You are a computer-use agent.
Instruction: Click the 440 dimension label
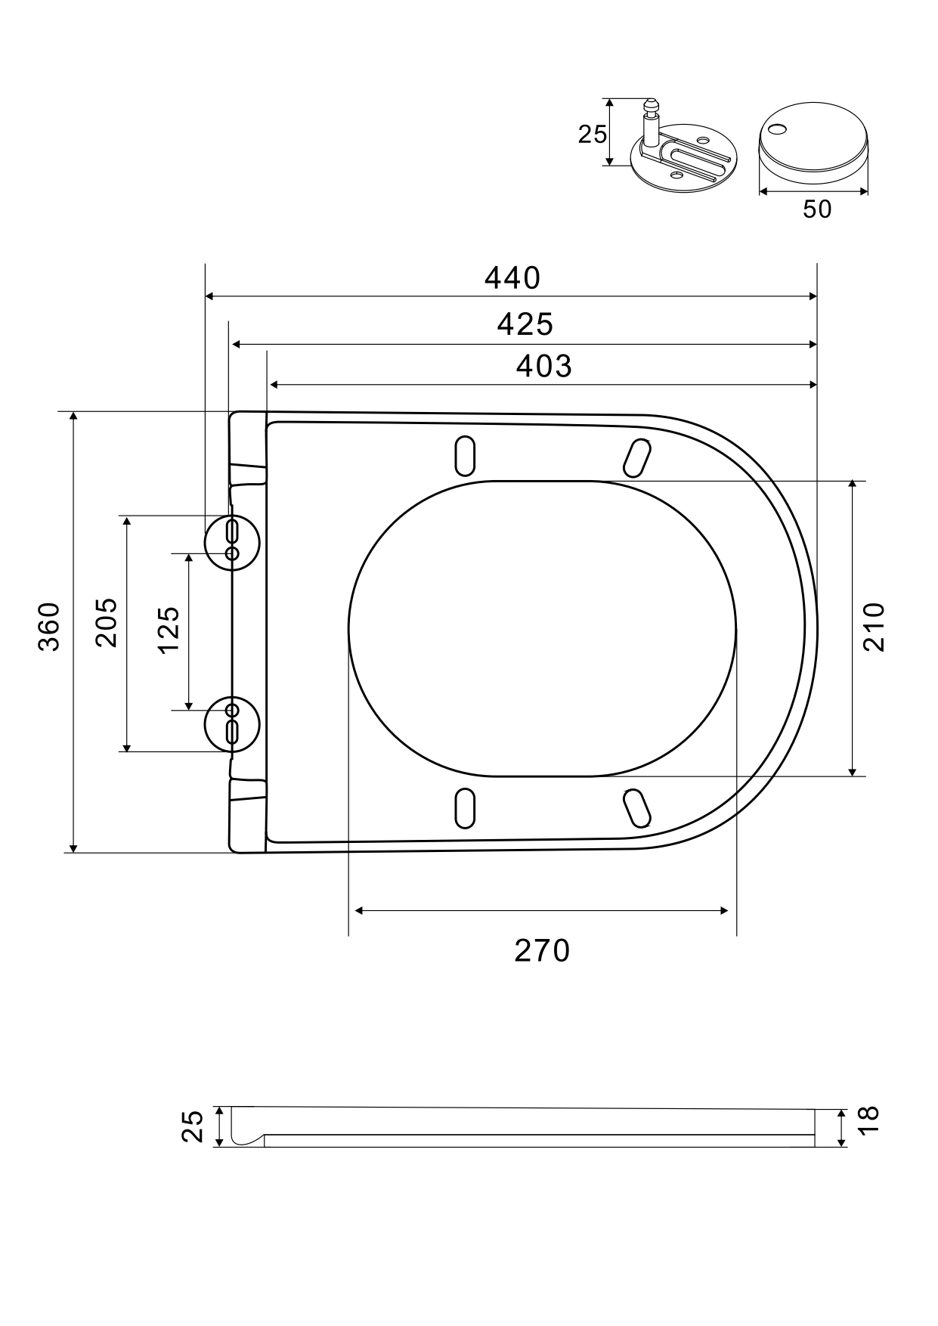[x=512, y=278]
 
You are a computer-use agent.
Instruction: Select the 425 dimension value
[x=525, y=324]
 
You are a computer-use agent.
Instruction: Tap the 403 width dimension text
[x=543, y=366]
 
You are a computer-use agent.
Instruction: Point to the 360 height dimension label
[x=50, y=627]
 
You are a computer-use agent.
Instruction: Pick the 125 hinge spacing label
[x=169, y=630]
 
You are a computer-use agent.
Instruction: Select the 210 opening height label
[x=873, y=627]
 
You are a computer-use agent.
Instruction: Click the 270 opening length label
[x=542, y=950]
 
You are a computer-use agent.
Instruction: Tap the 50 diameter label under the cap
[x=817, y=209]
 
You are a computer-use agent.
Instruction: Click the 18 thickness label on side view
[x=869, y=1119]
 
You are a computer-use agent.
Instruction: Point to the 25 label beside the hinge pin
[x=592, y=135]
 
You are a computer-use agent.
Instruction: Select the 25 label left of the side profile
[x=193, y=1126]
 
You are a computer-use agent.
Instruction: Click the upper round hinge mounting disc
[x=232, y=541]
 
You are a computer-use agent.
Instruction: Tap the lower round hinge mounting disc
[x=232, y=724]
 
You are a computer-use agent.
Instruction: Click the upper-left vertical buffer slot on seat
[x=465, y=456]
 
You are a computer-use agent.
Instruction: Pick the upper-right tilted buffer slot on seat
[x=636, y=457]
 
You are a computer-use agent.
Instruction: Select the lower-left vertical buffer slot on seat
[x=465, y=807]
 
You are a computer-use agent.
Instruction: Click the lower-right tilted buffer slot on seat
[x=636, y=807]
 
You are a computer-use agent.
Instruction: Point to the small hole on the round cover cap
[x=775, y=129]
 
